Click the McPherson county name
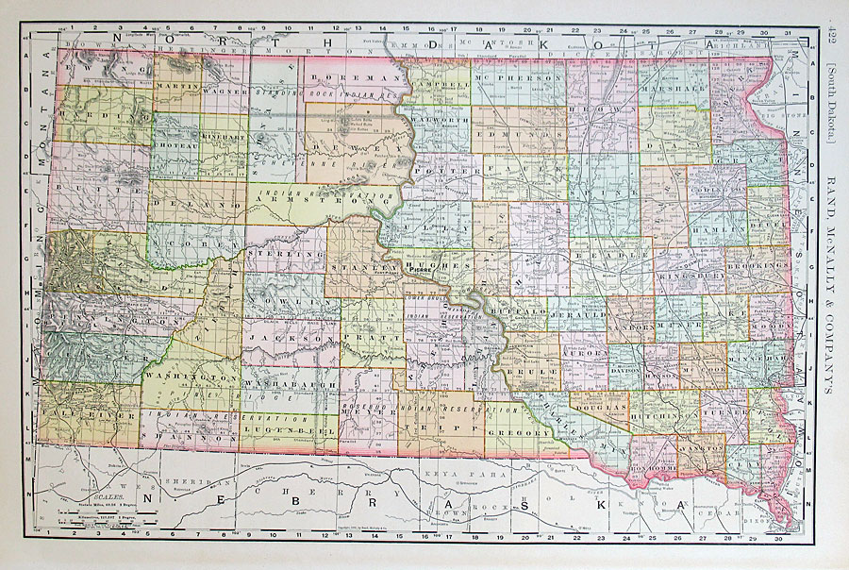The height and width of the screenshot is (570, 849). coord(509,77)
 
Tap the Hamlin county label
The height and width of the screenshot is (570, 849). coord(718,229)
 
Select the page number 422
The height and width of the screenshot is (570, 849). coord(834,39)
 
